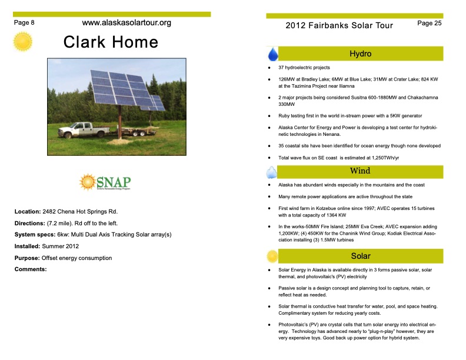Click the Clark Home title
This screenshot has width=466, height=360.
click(111, 42)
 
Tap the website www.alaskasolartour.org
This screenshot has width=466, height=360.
click(127, 23)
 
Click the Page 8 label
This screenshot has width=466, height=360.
click(24, 22)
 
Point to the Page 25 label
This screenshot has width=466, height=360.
click(429, 23)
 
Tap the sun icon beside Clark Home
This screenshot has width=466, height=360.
click(23, 42)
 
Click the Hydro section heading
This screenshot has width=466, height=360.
click(360, 54)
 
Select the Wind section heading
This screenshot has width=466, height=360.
click(360, 171)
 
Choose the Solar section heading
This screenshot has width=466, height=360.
click(360, 256)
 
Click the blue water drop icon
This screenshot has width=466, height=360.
click(273, 54)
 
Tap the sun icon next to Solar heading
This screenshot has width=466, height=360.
click(272, 256)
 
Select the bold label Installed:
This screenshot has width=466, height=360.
click(28, 246)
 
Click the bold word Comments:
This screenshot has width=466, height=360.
click(30, 269)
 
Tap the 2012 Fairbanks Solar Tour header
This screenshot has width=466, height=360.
click(339, 25)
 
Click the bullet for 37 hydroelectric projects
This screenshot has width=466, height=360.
click(269, 68)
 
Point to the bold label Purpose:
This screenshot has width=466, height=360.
click(27, 258)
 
